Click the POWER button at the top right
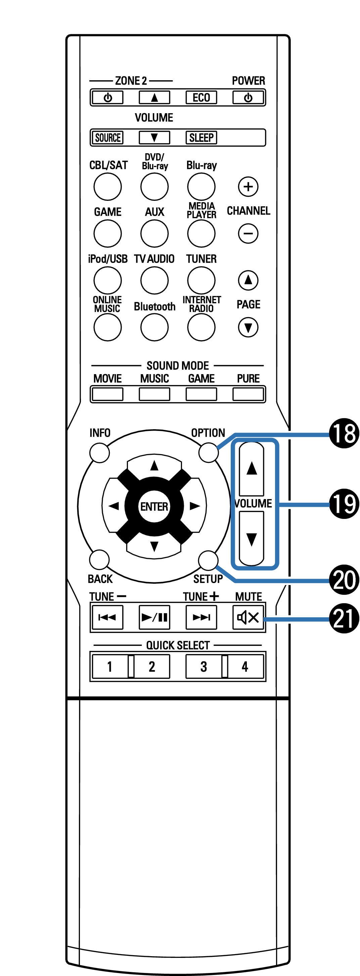[248, 98]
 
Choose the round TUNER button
[201, 280]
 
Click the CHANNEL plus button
[248, 186]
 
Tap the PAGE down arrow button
[248, 327]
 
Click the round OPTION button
[209, 452]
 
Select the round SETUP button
[208, 560]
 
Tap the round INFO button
[100, 453]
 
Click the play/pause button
[154, 618]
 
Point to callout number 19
[344, 504]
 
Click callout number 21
[344, 619]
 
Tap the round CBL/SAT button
[107, 186]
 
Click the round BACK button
[99, 560]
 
